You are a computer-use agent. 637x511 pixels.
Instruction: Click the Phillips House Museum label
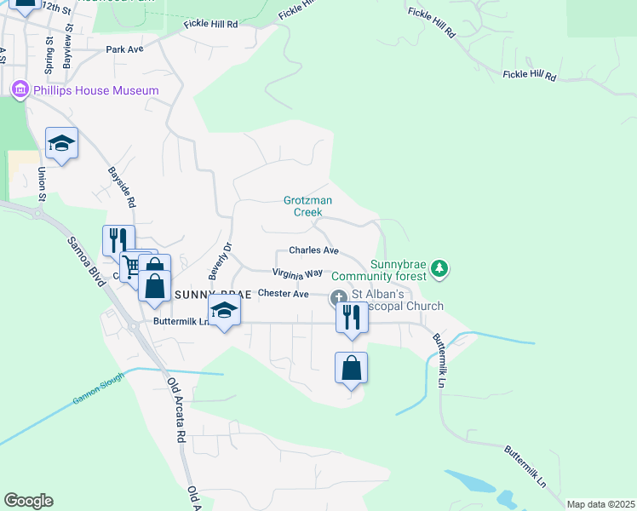tap(96, 90)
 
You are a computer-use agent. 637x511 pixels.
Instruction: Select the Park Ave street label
tap(124, 50)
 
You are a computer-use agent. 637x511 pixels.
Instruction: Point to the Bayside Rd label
tap(122, 187)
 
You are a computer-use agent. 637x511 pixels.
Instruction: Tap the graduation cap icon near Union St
tap(61, 143)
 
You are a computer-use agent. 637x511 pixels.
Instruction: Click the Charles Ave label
tap(313, 250)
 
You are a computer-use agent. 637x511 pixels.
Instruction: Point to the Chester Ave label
tap(282, 294)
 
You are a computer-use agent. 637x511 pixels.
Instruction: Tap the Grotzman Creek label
tap(307, 206)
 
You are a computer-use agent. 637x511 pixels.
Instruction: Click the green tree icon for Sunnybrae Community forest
tap(439, 269)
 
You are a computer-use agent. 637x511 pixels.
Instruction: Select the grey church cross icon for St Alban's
tap(339, 297)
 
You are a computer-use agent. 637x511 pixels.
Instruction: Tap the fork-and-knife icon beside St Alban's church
tap(351, 317)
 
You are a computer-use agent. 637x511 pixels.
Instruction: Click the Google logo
tap(28, 501)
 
